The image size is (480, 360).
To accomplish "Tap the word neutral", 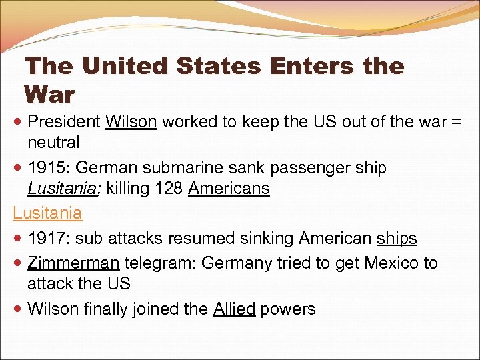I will [x=53, y=142].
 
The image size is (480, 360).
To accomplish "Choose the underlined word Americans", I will [x=229, y=189].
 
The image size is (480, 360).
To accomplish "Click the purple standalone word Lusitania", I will [x=47, y=213].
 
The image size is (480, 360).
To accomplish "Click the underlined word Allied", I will [x=234, y=309].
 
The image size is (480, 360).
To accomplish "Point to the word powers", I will [x=288, y=309].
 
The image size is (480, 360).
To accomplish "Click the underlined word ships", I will [x=397, y=238].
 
